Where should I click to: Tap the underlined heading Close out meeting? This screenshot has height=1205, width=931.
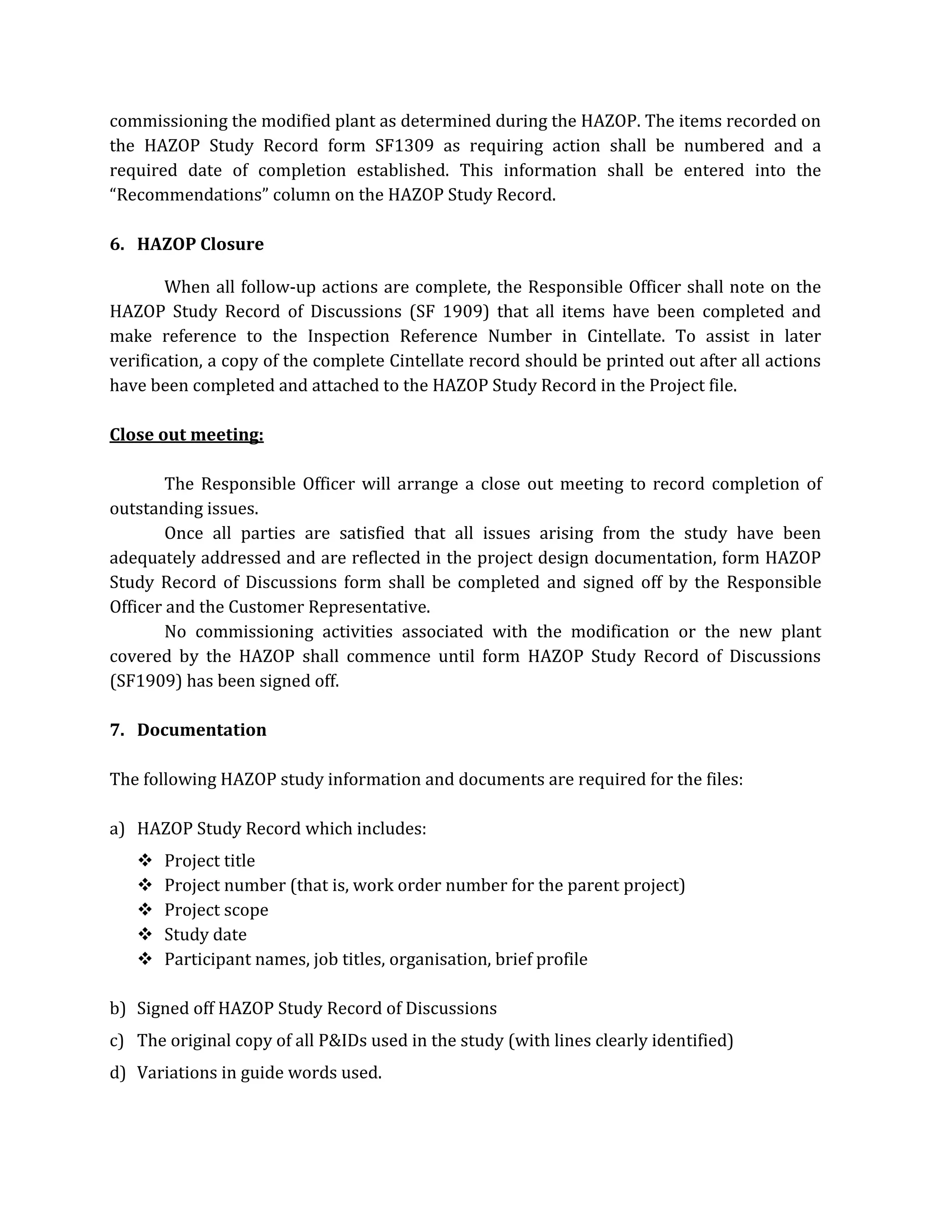tap(186, 435)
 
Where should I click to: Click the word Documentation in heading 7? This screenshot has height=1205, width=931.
tap(201, 729)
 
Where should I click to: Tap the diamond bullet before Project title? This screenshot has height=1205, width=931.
tap(145, 860)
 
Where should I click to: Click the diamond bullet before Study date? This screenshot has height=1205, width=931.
tap(145, 934)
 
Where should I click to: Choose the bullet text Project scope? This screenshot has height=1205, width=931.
tap(216, 910)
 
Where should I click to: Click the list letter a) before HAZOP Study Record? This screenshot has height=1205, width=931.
tap(117, 828)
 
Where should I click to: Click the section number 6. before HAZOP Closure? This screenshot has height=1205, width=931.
tap(116, 244)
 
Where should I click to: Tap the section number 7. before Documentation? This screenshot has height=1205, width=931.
tap(116, 729)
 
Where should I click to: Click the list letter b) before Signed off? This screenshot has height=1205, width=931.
tap(117, 1009)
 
